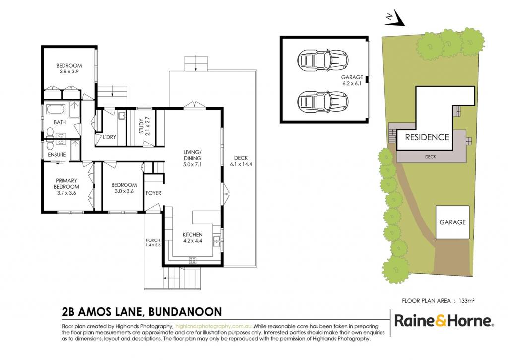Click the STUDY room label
[x=141, y=126]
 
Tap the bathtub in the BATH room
[x=56, y=109]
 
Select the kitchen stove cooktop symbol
[x=192, y=260]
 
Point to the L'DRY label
[x=109, y=137]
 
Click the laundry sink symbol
[x=121, y=116]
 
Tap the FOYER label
[x=154, y=193]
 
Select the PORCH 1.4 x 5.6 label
[x=153, y=243]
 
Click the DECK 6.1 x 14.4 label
[x=241, y=161]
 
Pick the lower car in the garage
[x=322, y=101]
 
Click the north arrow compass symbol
[x=395, y=19]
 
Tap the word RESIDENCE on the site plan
[x=427, y=137]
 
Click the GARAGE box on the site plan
[x=452, y=222]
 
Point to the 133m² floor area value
[x=466, y=301]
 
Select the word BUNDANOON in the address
[x=185, y=312]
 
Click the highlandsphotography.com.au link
[x=213, y=326]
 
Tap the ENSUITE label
[x=57, y=155]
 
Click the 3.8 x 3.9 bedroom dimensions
[x=69, y=72]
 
